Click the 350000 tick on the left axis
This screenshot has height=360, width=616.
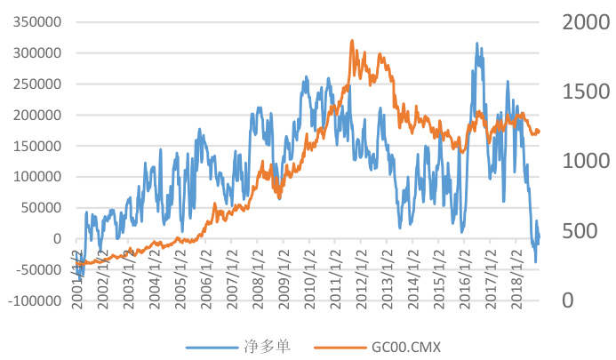(38, 21)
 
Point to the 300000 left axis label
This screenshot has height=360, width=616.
(38, 52)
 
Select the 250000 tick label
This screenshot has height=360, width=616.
(38, 84)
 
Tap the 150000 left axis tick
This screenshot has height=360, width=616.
(38, 146)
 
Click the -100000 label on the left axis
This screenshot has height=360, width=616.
(36, 300)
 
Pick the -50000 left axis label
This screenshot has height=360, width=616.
(38, 269)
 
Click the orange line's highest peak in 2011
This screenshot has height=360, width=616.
(352, 40)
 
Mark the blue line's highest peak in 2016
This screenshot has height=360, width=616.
(477, 43)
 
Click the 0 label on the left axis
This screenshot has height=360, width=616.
(58, 238)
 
